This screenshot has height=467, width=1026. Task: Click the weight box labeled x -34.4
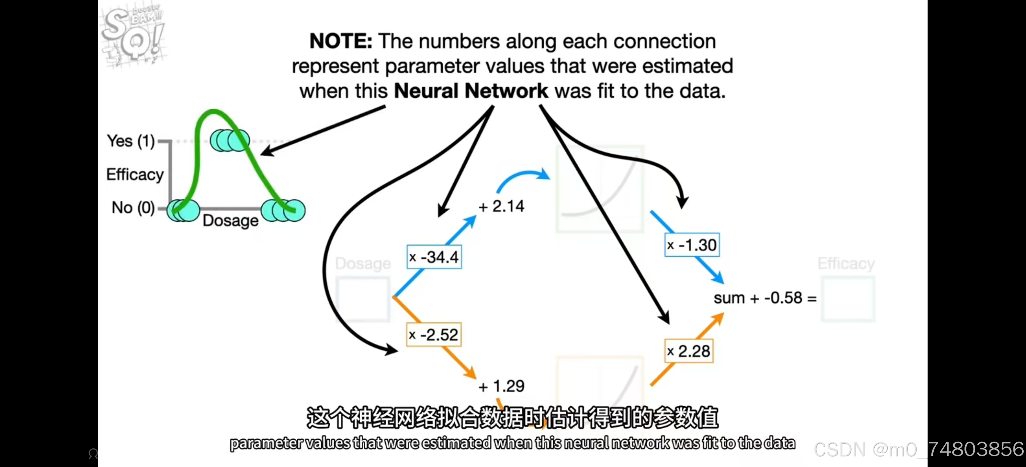pos(434,257)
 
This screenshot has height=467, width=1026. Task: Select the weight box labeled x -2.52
pos(434,335)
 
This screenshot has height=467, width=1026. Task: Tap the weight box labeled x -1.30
pos(692,245)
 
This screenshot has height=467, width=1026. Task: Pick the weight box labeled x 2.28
pos(689,351)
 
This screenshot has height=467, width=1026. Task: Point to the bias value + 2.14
pos(502,206)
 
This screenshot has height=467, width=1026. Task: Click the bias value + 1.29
pos(502,386)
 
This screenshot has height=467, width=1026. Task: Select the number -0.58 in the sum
pos(783,298)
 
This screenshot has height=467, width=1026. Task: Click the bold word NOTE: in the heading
pos(340,41)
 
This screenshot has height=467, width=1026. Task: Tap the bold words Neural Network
pos(471,91)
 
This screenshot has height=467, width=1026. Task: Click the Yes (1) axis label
pos(131,141)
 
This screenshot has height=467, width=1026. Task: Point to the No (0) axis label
pos(133,208)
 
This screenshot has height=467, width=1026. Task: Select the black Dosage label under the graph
pos(231,220)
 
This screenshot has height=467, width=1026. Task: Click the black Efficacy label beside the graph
pos(135,175)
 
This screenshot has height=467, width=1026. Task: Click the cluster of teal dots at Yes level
pos(230,140)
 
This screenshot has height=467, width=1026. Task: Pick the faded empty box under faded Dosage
pos(363,299)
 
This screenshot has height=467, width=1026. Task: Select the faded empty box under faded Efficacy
pos(848,299)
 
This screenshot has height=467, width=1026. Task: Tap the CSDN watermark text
pos(918,450)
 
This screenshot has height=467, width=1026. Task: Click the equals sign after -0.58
pos(812,298)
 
